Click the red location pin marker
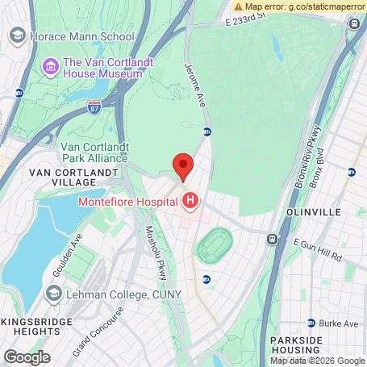183,166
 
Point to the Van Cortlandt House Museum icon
52,66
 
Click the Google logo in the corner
27,356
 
